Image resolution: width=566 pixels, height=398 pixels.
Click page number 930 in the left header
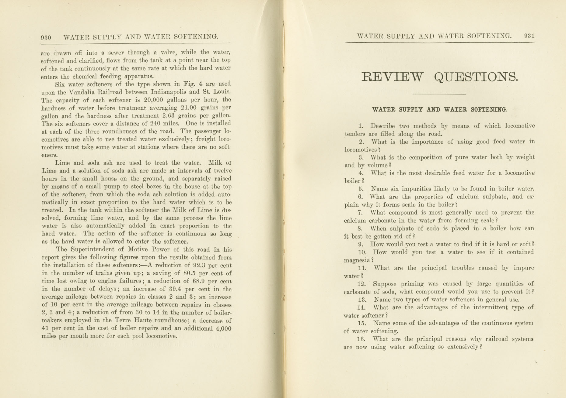tap(46, 38)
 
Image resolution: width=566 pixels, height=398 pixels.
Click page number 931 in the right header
tap(529, 36)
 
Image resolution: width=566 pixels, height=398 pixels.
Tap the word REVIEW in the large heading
tap(392, 77)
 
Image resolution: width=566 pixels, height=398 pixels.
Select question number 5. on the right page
tap(362, 189)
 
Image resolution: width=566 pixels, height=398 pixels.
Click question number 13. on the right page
tap(362, 300)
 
